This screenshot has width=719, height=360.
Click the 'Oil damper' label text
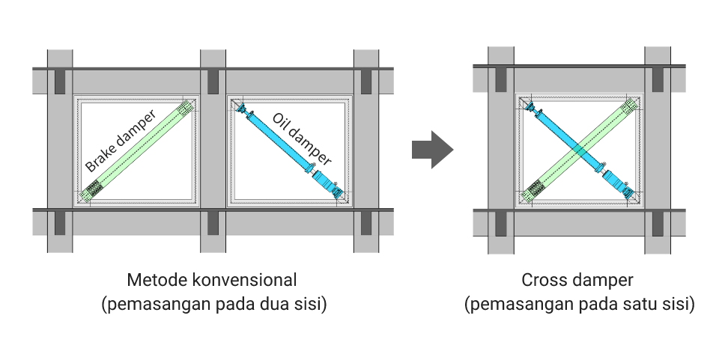302,139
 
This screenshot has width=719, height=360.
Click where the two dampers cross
577,150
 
